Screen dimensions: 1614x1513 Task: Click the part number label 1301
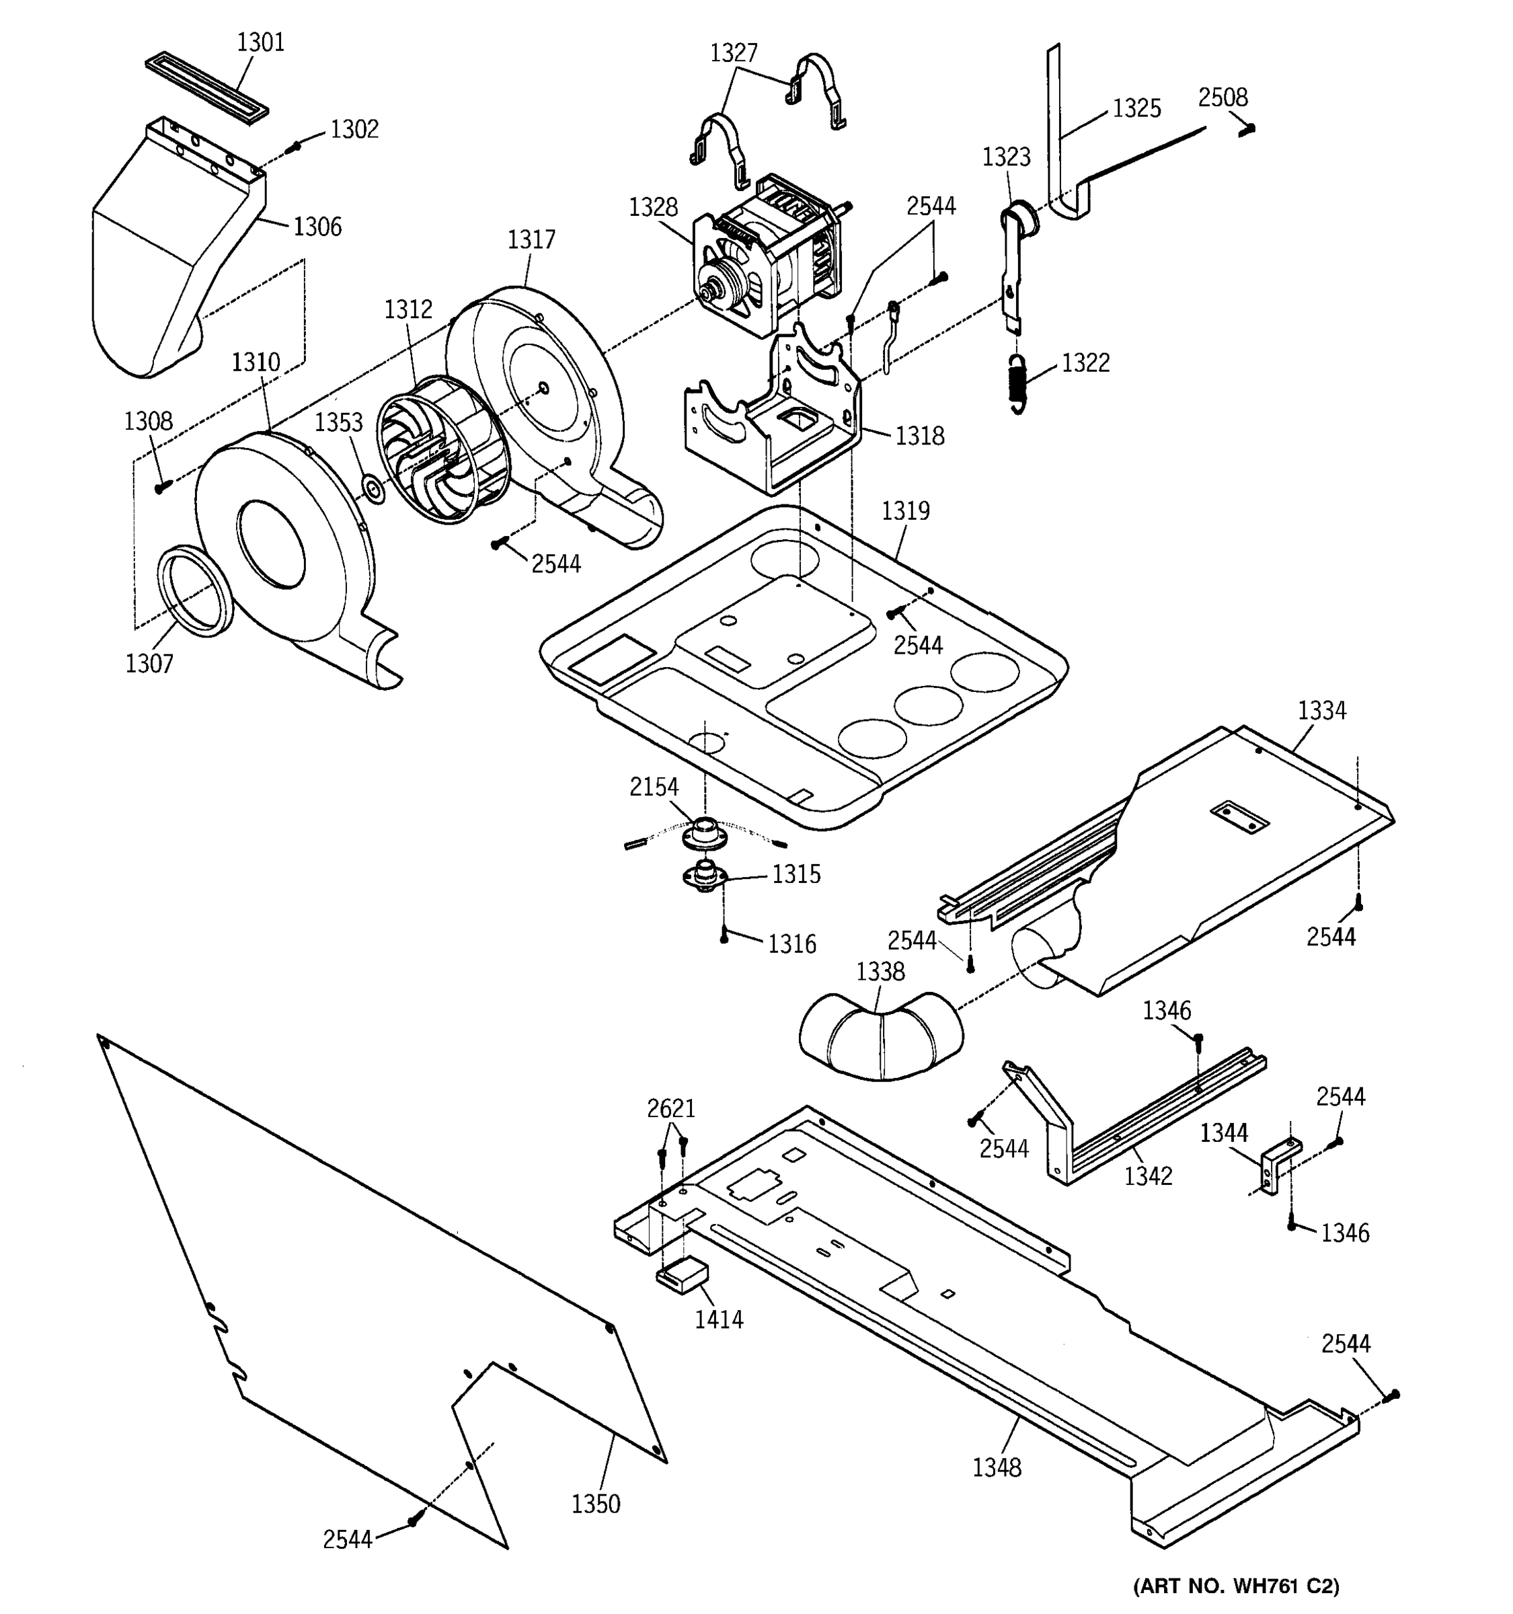(x=260, y=42)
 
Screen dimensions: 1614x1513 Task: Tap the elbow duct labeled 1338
(x=881, y=1037)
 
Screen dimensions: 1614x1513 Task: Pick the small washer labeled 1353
(x=373, y=490)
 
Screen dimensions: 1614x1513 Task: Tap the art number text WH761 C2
(x=1235, y=1586)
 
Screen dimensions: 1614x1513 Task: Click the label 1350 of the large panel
(x=595, y=1504)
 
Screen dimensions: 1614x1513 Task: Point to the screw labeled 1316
(x=724, y=937)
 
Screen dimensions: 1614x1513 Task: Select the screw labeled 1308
(x=161, y=486)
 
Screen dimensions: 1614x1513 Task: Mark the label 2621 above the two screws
(x=670, y=1108)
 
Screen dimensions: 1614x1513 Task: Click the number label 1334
(x=1321, y=710)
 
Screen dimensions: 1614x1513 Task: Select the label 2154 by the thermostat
(x=654, y=787)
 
